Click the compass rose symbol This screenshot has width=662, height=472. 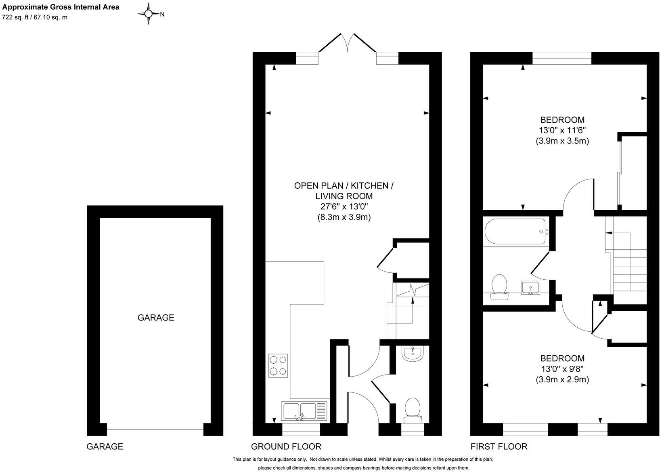click(149, 14)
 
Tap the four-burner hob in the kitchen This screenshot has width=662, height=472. click(278, 366)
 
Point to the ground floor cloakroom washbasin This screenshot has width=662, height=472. click(413, 354)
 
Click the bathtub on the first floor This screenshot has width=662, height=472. click(515, 232)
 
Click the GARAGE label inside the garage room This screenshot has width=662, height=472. click(156, 318)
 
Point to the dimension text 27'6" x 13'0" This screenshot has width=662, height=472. click(344, 206)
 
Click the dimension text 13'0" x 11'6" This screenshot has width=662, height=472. click(562, 131)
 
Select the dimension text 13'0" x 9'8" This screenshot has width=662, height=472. click(562, 369)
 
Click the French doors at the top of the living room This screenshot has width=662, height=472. click(348, 42)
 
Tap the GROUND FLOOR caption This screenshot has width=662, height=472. click(286, 447)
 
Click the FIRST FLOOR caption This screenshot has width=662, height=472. click(499, 447)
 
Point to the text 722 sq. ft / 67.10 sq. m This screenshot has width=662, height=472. click(35, 17)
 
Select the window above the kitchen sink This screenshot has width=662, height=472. click(301, 430)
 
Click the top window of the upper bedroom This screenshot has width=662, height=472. click(562, 58)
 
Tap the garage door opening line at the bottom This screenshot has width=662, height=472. click(155, 430)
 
